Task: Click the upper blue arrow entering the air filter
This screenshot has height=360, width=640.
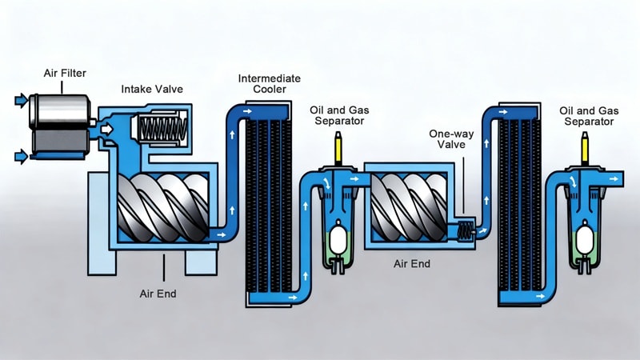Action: coord(19,101)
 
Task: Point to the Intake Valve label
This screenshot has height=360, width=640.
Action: coord(152,89)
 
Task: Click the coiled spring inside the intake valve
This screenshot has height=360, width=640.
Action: coord(162,127)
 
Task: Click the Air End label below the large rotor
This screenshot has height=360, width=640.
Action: coord(157,294)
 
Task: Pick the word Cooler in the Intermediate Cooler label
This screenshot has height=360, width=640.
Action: coord(269,91)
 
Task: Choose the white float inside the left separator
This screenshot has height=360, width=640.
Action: coord(338,240)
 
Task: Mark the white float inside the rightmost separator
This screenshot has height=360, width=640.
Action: coord(586,240)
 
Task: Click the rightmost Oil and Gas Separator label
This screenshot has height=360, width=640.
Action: coord(587,115)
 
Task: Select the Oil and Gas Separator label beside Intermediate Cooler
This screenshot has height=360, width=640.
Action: coord(337,115)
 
